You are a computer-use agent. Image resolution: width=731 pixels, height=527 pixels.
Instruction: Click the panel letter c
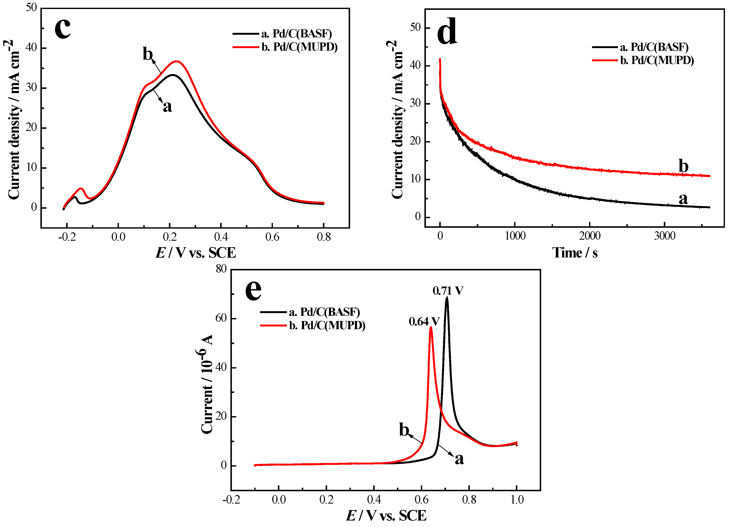tap(63, 28)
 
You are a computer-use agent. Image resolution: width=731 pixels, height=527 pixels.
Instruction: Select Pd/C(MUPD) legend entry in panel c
tap(299, 47)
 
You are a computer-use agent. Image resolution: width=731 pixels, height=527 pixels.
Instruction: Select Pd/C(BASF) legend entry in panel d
tap(654, 47)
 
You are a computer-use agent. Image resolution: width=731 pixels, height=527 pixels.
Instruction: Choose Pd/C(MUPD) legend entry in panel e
tap(327, 325)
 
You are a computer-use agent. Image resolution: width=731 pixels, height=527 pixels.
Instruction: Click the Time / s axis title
tap(575, 253)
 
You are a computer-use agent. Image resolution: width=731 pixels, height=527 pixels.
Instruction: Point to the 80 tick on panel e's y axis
tap(221, 269)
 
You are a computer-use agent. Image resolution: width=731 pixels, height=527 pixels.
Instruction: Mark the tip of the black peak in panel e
tap(447, 297)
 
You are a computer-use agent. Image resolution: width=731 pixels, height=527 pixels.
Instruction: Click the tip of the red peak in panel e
tap(431, 327)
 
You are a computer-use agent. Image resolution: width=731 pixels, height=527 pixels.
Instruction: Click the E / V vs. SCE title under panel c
tap(196, 253)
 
